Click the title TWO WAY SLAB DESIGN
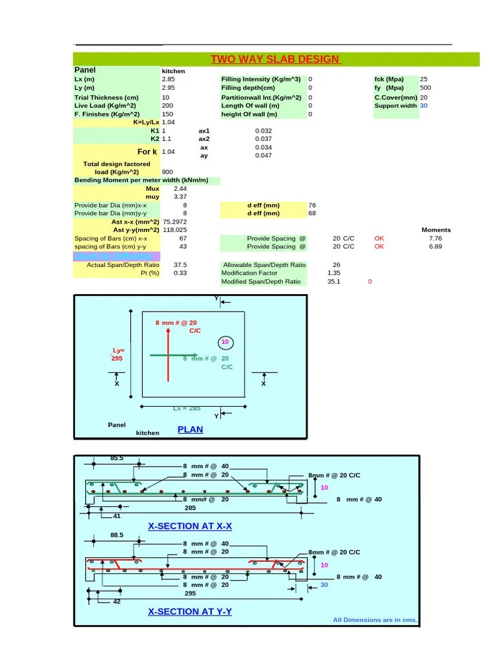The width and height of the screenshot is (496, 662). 276,59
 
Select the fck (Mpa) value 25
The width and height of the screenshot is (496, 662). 424,80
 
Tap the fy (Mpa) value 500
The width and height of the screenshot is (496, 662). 426,88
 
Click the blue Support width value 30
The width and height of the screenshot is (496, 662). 424,105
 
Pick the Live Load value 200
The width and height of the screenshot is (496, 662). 167,105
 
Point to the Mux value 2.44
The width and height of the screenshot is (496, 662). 180,188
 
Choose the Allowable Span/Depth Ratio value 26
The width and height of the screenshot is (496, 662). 336,264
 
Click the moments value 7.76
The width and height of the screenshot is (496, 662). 435,238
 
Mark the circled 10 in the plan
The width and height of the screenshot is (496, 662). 225,342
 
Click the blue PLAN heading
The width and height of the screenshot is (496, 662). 190,429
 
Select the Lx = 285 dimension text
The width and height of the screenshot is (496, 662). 187,408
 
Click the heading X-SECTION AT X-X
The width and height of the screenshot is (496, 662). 190,526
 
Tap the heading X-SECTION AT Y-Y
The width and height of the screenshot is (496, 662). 190,611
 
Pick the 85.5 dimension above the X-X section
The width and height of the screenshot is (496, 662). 117,458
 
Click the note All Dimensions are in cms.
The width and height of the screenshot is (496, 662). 375,620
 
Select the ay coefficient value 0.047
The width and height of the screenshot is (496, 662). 263,155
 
